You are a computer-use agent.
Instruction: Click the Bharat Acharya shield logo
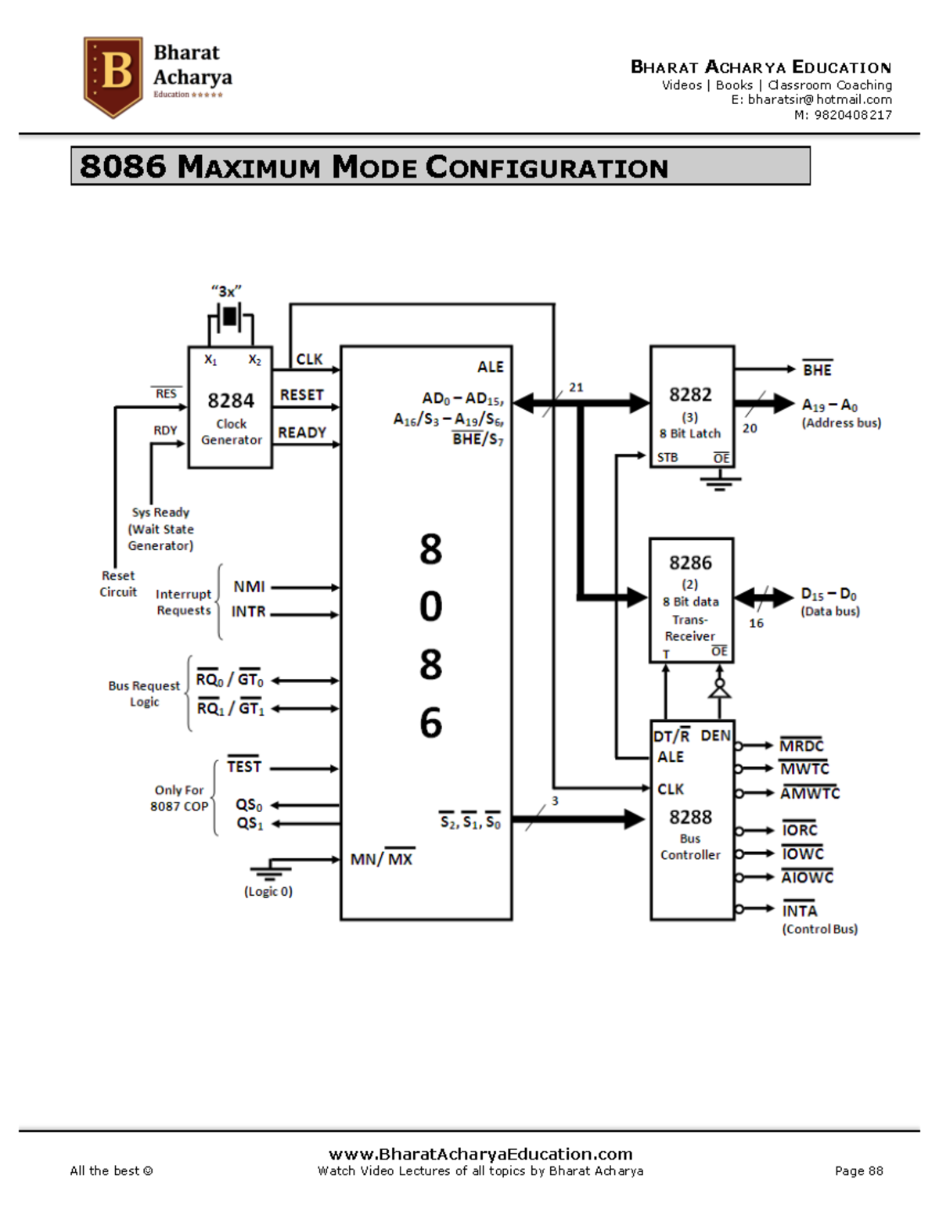(x=113, y=76)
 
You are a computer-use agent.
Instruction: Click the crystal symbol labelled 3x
(x=229, y=317)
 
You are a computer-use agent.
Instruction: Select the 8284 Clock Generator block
(x=230, y=408)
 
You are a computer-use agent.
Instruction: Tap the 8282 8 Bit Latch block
(x=692, y=407)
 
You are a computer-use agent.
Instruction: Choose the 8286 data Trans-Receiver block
(x=691, y=599)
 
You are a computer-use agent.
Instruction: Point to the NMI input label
(x=249, y=587)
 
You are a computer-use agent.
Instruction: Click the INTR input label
(x=248, y=612)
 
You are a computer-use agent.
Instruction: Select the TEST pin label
(x=244, y=767)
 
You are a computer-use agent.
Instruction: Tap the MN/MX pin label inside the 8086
(x=381, y=859)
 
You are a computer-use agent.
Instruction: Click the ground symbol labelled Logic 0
(x=270, y=872)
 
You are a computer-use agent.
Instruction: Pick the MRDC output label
(x=801, y=746)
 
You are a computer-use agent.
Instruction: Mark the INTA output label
(x=800, y=911)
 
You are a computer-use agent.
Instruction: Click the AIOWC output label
(x=807, y=877)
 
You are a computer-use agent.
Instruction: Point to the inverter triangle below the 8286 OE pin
(x=719, y=689)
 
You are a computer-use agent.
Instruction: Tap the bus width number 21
(x=576, y=387)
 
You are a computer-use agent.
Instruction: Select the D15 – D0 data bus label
(x=829, y=594)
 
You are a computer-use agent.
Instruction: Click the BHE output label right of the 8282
(x=817, y=370)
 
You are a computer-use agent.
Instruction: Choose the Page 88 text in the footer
(x=858, y=1171)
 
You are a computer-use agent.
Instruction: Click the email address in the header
(x=811, y=99)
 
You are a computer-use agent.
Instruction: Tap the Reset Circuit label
(x=118, y=584)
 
